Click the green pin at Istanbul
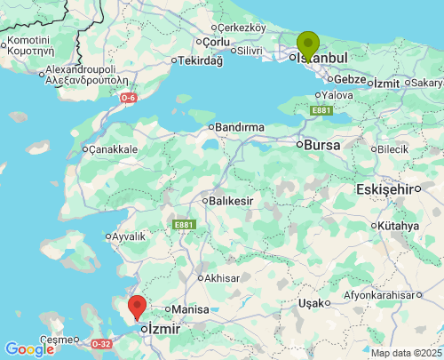coord(307,44)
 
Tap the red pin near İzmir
coord(137,307)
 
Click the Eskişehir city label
coord(386,189)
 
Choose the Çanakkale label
coord(113,149)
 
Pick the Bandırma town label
coord(239,127)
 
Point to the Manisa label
coord(189,308)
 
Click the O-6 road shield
coord(129,98)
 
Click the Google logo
coord(29,349)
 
